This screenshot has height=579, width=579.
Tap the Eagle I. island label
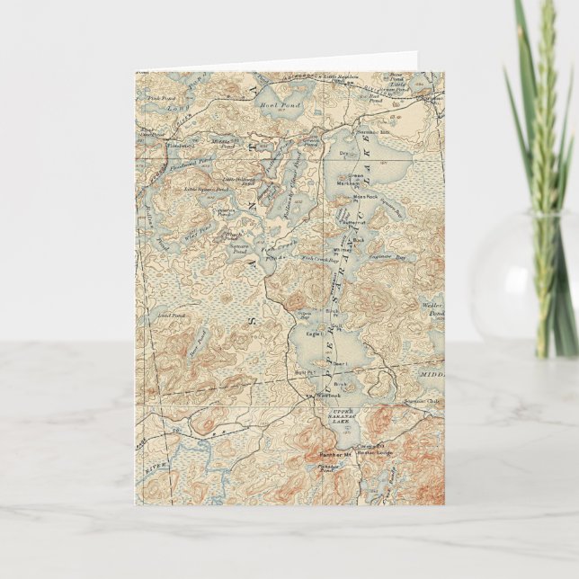(x=314, y=334)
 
